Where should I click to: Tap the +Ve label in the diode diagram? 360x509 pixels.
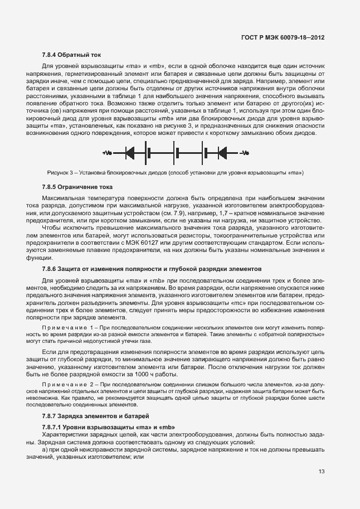(107, 153)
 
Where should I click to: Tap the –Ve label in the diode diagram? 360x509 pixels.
(244, 153)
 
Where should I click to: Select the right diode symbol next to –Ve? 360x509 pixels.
(222, 153)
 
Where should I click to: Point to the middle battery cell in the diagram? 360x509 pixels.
(177, 153)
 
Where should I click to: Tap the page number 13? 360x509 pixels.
(321, 472)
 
